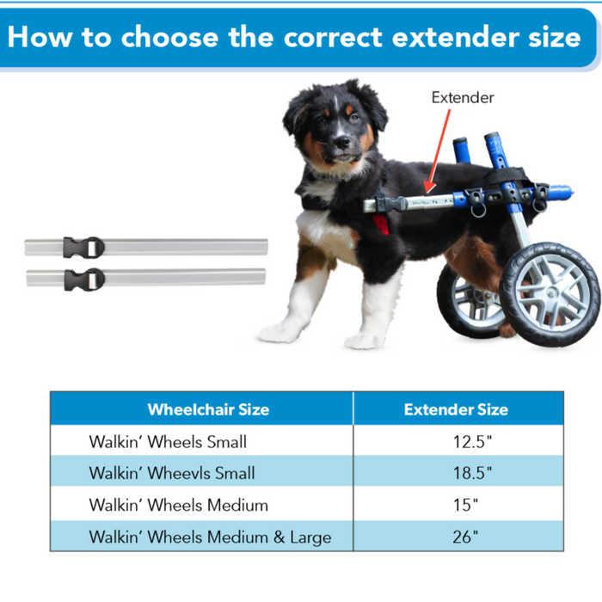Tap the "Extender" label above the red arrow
coord(463,97)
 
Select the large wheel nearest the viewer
coord(550,292)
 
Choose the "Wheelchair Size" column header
coord(208,409)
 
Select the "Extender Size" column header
coord(456,409)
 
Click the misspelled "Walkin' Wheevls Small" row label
coord(171,473)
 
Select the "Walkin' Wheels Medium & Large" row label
coord(209,537)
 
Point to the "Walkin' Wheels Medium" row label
coord(178,505)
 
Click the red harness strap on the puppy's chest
coord(379,225)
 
